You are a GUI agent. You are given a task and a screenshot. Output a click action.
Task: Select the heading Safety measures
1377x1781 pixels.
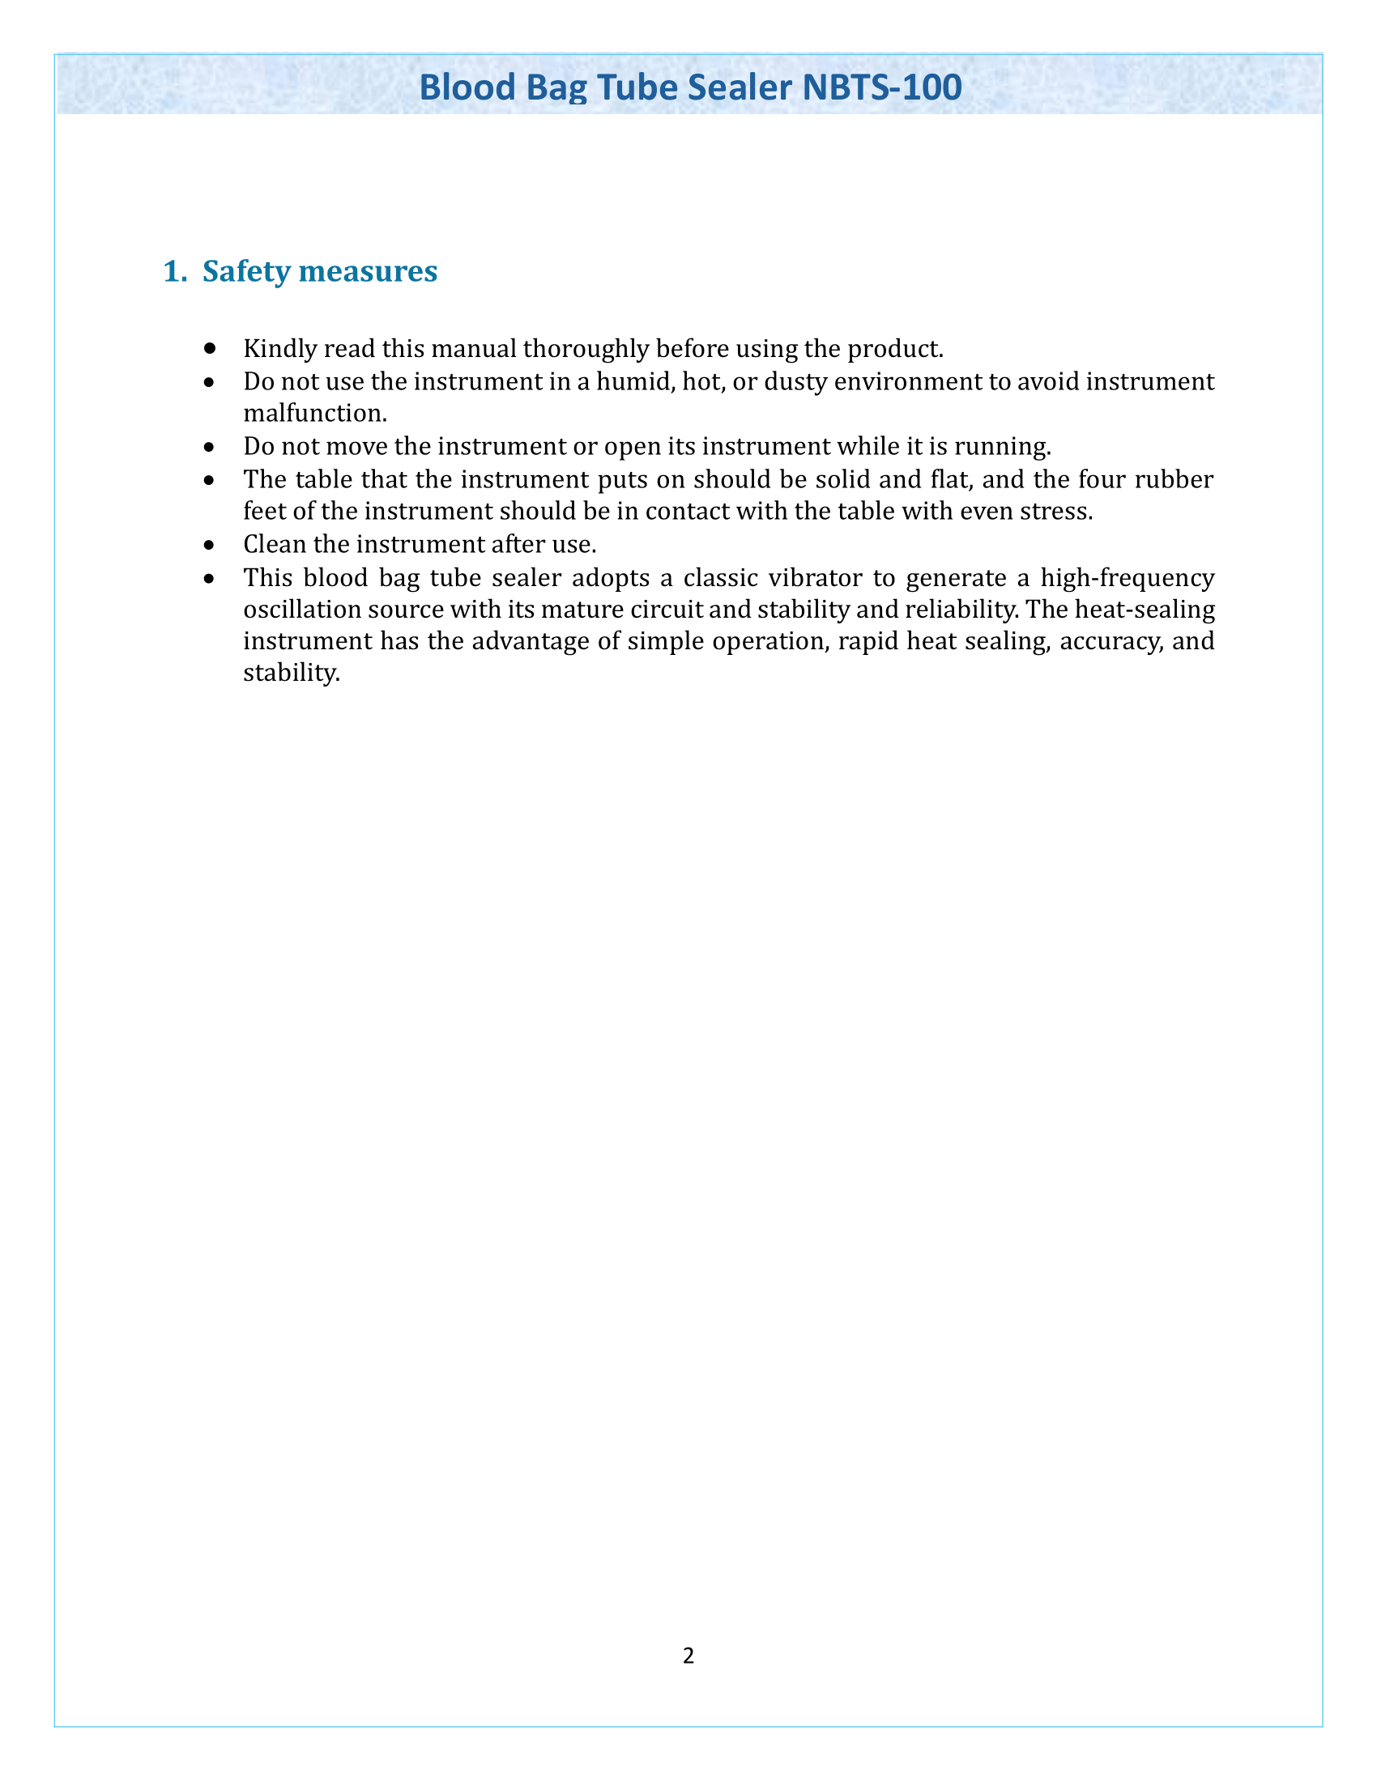point(319,270)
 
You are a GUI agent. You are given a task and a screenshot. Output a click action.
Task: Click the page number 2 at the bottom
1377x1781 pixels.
point(688,1655)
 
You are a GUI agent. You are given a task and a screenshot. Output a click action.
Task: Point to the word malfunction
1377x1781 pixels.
point(314,413)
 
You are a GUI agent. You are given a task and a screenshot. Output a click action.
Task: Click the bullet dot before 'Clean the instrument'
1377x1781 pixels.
point(211,544)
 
